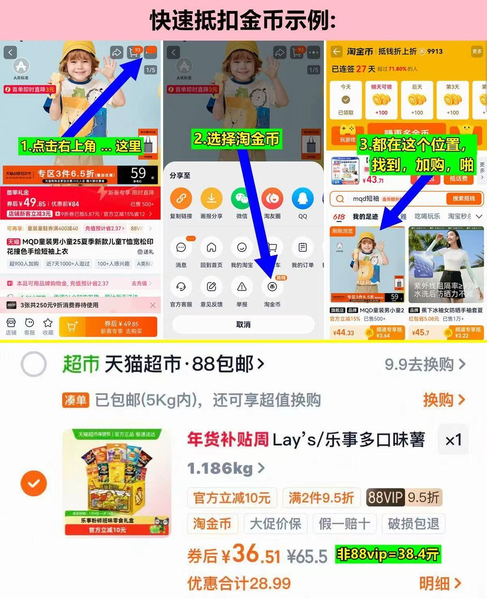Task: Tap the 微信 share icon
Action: coord(242,199)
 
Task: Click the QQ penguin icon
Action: coord(303,199)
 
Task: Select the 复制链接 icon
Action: coord(181,199)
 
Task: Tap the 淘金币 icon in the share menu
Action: coord(272,287)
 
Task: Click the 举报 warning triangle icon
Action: coord(242,287)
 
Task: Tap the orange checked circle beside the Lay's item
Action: coord(34,483)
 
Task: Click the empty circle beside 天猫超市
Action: coord(34,364)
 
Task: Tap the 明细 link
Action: coord(440,584)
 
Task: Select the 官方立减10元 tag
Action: coord(232,497)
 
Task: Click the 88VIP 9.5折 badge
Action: coord(403,497)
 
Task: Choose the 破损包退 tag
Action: coord(413,524)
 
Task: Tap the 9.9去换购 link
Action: coord(425,364)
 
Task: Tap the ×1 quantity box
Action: coord(453,440)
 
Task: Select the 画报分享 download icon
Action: coord(211,199)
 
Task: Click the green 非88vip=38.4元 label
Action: coord(388,554)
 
